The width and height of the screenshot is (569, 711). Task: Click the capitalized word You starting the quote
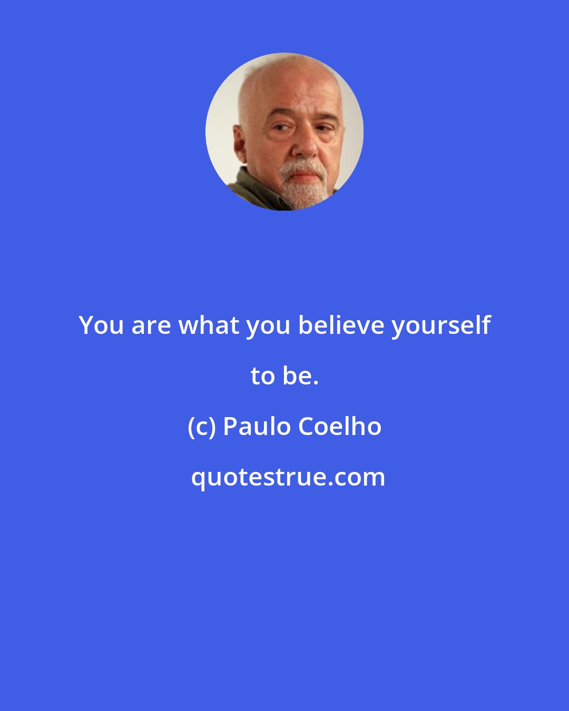101,325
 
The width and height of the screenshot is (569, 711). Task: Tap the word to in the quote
262,376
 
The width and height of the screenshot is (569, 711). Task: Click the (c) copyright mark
202,427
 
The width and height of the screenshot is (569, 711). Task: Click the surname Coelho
340,427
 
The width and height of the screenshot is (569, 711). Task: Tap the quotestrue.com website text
288,477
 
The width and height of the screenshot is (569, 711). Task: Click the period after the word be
316,383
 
